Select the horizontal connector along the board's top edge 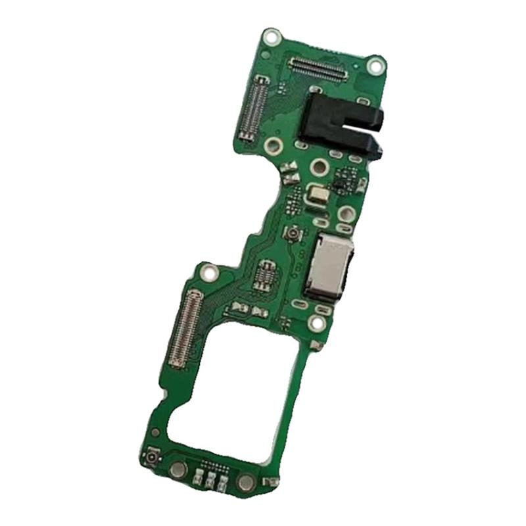pyautogui.click(x=318, y=67)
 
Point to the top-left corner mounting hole pyautogui.click(x=270, y=37)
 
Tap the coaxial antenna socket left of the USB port pyautogui.click(x=290, y=233)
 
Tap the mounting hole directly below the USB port pyautogui.click(x=316, y=323)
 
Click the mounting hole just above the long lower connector pyautogui.click(x=208, y=270)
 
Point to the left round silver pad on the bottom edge pyautogui.click(x=178, y=469)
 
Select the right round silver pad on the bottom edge pyautogui.click(x=245, y=483)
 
